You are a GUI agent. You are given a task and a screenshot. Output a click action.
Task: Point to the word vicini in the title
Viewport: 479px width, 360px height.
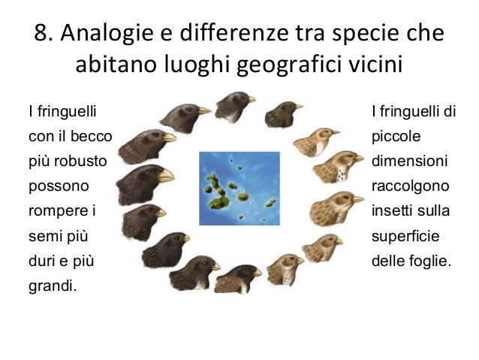(x=376, y=65)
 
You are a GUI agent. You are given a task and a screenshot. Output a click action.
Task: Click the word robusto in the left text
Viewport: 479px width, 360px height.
(x=85, y=162)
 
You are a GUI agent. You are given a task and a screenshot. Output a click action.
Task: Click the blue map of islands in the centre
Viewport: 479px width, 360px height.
(x=239, y=188)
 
